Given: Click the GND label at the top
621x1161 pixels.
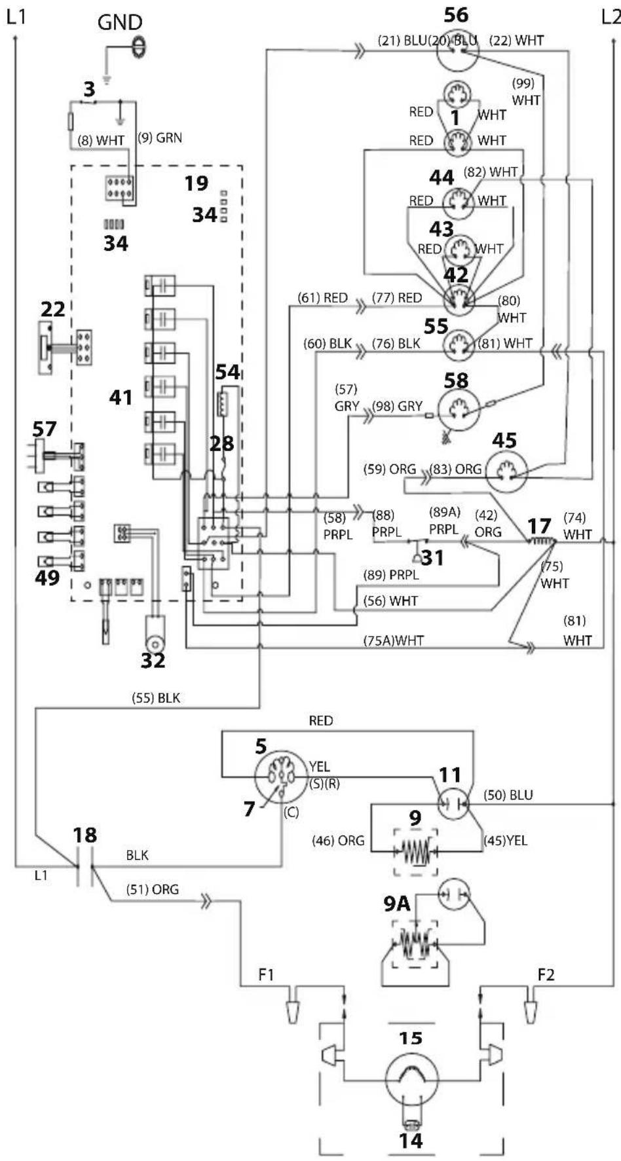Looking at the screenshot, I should coord(120,22).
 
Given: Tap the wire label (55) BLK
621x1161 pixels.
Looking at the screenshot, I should coord(156,698).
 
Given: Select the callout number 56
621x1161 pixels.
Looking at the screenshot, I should coord(457,14).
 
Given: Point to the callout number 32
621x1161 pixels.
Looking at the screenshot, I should coord(153,660).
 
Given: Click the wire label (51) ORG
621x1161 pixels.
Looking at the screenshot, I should coord(153,889).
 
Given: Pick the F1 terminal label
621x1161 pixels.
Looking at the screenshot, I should coord(266,975).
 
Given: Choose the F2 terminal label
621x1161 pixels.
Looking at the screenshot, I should coord(546,975).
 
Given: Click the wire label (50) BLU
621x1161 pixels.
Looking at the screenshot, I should coord(508,795).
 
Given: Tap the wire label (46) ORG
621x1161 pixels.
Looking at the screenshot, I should coord(338,840).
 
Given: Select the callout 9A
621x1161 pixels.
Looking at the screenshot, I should coord(397,904).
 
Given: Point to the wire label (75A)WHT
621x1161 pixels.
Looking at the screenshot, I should coord(394,640).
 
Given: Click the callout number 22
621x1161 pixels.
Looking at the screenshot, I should coord(53,308).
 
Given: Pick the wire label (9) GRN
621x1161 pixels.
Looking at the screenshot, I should coord(160,138).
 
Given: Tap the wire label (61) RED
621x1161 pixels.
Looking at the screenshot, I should coord(323,298).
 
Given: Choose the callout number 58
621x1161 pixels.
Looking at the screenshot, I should coord(457,380).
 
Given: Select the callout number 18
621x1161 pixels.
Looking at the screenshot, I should coord(85,835).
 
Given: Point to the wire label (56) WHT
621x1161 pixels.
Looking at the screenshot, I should coord(391,600).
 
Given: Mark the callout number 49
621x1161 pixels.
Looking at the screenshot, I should coord(47,578).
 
